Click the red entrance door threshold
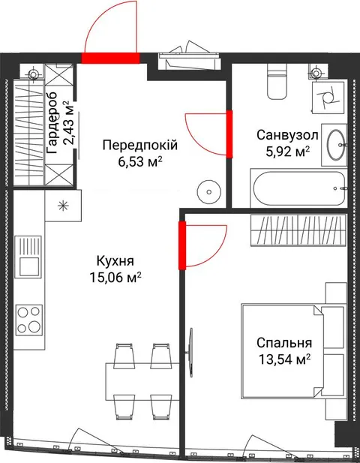[110, 58]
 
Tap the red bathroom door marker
[229, 134]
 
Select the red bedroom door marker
[182, 245]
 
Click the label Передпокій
[140, 146]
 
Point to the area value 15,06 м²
[115, 278]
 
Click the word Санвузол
[287, 135]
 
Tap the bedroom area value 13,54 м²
[285, 359]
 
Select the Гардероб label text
[52, 123]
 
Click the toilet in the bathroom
[277, 81]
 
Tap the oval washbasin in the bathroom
[336, 145]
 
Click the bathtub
[298, 188]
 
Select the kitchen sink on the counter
[28, 257]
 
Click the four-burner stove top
[29, 320]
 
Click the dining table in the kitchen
[142, 381]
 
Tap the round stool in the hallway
[209, 192]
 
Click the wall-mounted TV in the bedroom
[191, 352]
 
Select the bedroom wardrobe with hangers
[298, 230]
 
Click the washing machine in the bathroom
[328, 98]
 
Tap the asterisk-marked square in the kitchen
[63, 206]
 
